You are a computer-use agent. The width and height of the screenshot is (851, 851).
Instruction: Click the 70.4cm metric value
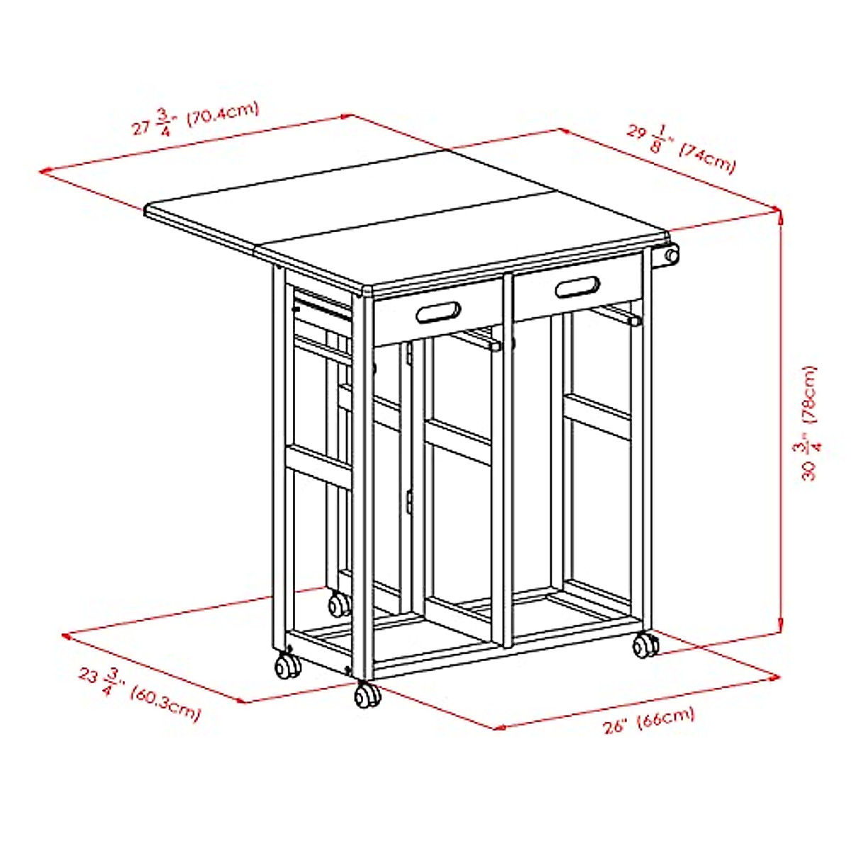pyautogui.click(x=223, y=114)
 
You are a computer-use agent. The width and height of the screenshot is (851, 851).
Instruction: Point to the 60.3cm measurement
pyautogui.click(x=165, y=703)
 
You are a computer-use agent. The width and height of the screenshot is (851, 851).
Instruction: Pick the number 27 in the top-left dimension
pyautogui.click(x=142, y=128)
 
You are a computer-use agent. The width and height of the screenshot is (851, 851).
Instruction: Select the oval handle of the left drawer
pyautogui.click(x=439, y=312)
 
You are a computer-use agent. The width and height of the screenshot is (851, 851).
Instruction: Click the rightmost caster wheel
pyautogui.click(x=645, y=645)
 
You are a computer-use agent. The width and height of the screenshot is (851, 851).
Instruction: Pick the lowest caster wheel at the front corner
pyautogui.click(x=367, y=696)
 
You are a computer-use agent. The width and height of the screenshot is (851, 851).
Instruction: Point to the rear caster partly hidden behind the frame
pyautogui.click(x=338, y=604)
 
